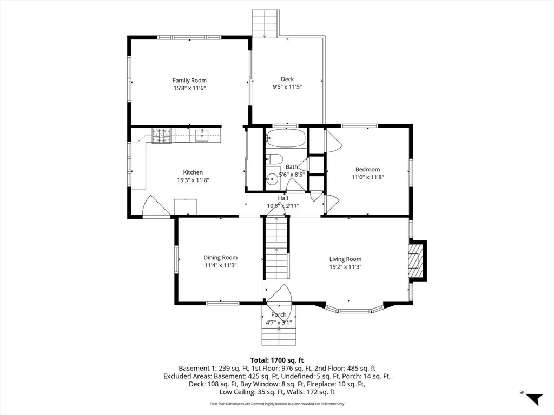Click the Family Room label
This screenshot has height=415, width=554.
(x=189, y=81)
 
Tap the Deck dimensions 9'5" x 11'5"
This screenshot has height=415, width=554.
(x=287, y=87)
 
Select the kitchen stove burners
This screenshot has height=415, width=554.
(x=162, y=136)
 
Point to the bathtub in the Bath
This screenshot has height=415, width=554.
(x=286, y=138)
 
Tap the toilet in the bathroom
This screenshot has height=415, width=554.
(x=273, y=159)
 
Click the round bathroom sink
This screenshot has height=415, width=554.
(x=272, y=179)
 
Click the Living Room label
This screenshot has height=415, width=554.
(x=346, y=259)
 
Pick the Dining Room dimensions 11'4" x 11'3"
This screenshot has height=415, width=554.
(x=221, y=265)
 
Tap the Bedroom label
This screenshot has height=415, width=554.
(x=368, y=169)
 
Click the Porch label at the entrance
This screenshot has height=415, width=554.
(x=279, y=315)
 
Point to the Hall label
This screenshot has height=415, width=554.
(x=283, y=198)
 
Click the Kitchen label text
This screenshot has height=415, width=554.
(x=193, y=172)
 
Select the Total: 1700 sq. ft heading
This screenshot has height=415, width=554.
(x=277, y=360)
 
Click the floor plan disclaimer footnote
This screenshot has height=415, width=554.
(x=277, y=404)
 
